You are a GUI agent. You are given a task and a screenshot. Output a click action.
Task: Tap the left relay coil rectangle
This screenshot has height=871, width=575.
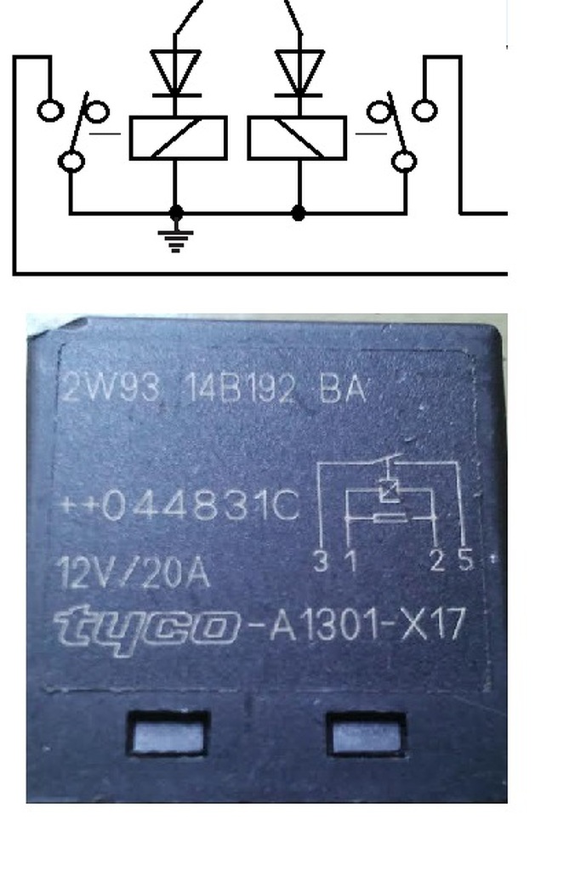pos(178,138)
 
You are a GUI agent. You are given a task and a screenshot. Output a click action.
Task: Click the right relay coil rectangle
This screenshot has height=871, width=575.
pos(297,138)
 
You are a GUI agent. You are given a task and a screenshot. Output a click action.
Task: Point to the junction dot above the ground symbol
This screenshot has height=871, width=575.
pos(176,213)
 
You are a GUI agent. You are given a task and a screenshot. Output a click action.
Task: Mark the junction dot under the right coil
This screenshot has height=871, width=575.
pos(298,213)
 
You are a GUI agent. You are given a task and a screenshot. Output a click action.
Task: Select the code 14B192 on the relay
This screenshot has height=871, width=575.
pos(241,390)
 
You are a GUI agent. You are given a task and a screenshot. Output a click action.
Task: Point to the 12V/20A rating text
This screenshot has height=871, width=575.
pos(134,572)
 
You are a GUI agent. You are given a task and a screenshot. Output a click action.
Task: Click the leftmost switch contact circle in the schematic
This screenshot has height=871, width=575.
pos(50,111)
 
